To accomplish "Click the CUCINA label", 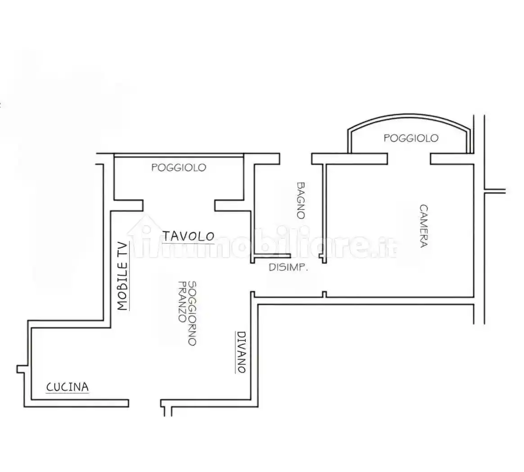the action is click(x=67, y=387).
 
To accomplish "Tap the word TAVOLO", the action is click(x=189, y=236).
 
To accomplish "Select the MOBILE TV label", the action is click(x=122, y=276).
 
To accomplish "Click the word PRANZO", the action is click(x=182, y=302).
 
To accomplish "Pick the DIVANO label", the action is click(x=241, y=352).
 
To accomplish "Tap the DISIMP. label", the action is click(x=288, y=267).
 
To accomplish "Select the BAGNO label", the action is click(x=301, y=200).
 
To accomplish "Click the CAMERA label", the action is click(x=424, y=226).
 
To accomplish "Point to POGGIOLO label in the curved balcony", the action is click(x=411, y=138).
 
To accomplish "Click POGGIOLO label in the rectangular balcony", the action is click(x=179, y=167).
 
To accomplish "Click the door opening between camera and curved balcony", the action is click(x=409, y=159).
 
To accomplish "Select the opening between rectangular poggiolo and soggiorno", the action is click(x=179, y=205).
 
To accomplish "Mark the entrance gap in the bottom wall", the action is click(x=145, y=403).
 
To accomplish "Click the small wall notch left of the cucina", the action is click(x=21, y=369).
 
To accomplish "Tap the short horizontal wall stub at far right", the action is click(x=495, y=191).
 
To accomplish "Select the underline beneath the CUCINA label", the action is click(x=67, y=393).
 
